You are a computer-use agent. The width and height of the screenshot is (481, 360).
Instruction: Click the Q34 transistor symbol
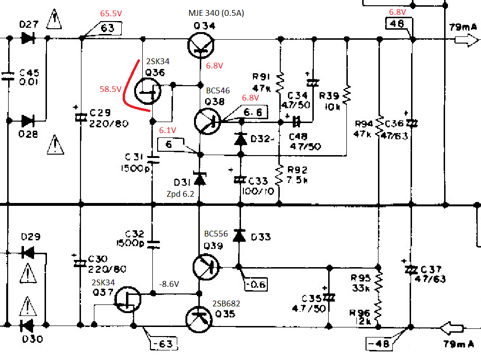coord(201,45)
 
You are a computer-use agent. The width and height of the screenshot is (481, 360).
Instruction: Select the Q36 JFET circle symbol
coord(148,91)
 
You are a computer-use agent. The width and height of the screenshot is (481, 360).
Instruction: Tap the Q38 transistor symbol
coord(207,122)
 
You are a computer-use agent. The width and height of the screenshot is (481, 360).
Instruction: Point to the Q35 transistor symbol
coord(199,319)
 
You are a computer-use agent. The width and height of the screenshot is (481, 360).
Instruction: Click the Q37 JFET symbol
coord(127,299)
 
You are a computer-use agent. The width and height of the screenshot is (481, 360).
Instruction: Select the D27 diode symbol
coord(28,38)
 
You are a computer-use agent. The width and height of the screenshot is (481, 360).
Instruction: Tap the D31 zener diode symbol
coord(200,179)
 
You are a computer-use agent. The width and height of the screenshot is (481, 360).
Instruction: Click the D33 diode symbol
coord(240,236)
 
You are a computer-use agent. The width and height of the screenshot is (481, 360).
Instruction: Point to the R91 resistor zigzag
coord(280,83)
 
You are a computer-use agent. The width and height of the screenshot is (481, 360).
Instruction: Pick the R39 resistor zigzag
coord(347,95)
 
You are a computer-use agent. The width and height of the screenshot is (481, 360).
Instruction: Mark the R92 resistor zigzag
coord(279,175)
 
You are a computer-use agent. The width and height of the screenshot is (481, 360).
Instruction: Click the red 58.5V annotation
coord(111,89)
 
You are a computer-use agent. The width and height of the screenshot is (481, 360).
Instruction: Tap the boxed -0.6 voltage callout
coord(256,284)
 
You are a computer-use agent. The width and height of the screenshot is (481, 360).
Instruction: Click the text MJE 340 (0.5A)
coord(216,13)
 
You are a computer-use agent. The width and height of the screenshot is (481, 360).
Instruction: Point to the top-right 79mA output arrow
coord(466,40)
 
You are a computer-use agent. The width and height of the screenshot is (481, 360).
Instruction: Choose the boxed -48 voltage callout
coord(379,344)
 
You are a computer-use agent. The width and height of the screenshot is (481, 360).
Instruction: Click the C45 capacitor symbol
coord(8,76)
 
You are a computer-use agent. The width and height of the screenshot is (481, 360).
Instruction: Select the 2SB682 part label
coord(226,304)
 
